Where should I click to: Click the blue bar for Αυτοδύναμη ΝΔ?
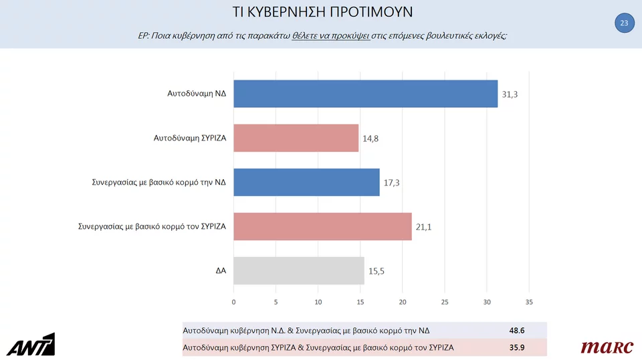365,94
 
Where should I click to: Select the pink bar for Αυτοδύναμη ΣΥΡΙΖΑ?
296,138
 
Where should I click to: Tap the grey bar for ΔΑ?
298,271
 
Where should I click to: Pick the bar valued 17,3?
306,182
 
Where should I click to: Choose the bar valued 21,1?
322,226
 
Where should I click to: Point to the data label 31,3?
510,95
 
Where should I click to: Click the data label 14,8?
371,139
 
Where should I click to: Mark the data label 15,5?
377,272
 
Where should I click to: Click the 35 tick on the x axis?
529,302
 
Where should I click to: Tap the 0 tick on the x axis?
233,302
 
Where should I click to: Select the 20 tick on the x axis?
403,302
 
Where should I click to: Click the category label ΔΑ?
220,271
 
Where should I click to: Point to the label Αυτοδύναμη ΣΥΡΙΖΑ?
190,139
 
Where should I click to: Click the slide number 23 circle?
624,23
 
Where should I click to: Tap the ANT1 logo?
31,345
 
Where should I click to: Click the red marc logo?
607,347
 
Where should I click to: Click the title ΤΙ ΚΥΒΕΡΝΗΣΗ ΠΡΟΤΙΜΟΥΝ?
322,12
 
